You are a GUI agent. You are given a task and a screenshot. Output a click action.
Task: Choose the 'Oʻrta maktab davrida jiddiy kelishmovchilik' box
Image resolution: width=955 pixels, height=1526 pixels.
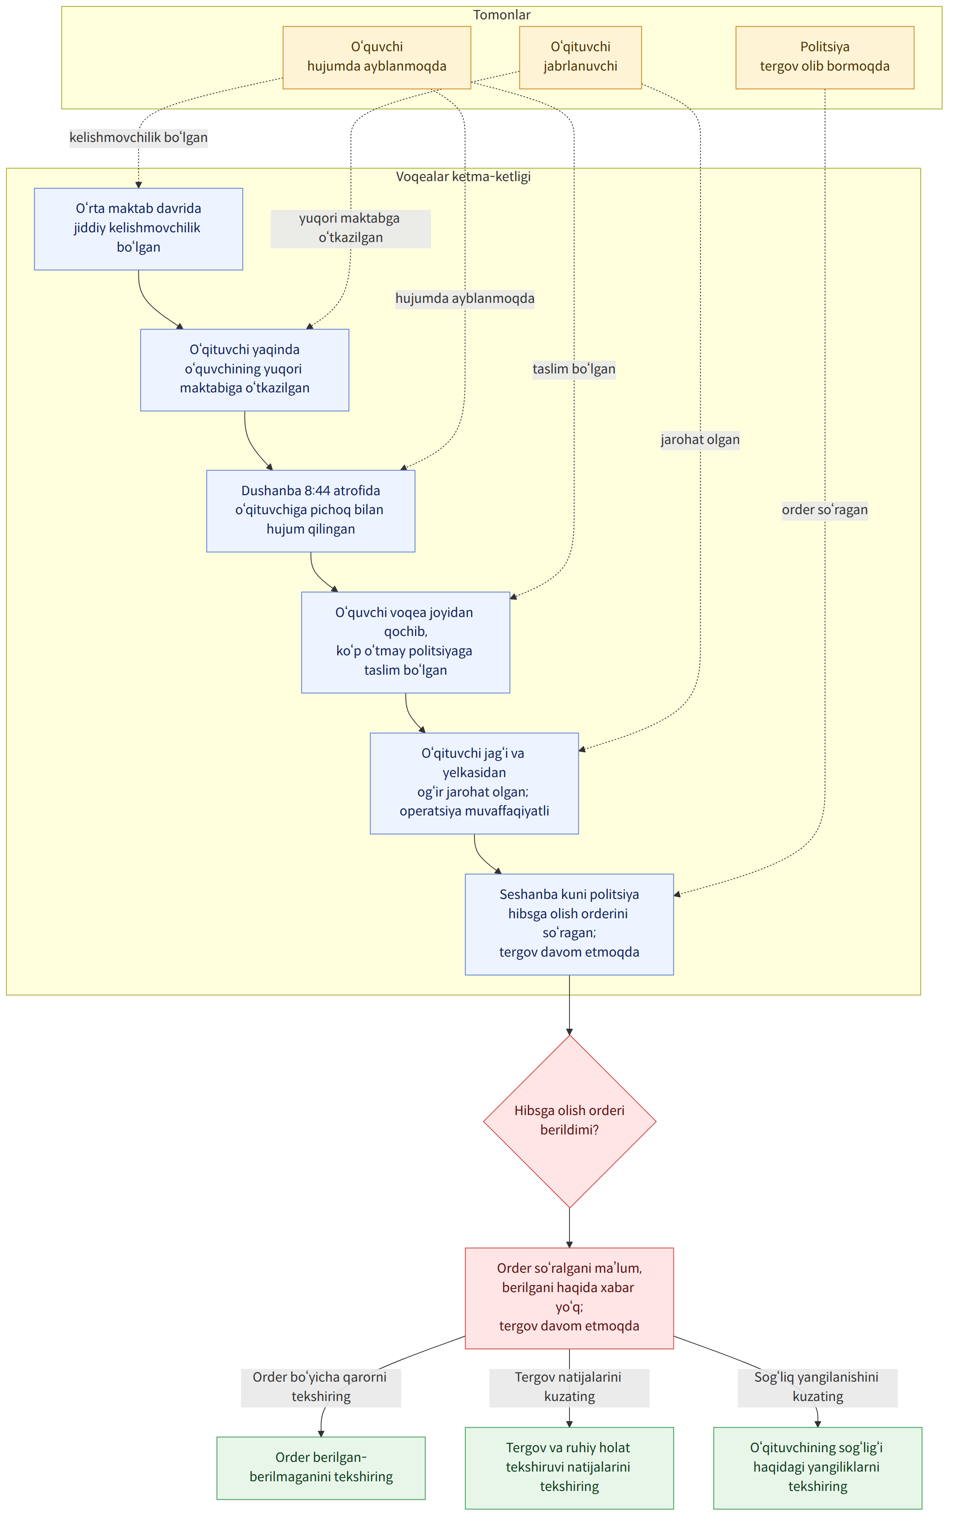click(138, 229)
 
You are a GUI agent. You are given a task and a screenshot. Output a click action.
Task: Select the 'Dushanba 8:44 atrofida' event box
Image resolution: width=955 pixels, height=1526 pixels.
click(311, 511)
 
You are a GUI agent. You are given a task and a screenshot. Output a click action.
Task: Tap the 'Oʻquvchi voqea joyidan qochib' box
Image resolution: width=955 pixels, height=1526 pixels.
click(405, 642)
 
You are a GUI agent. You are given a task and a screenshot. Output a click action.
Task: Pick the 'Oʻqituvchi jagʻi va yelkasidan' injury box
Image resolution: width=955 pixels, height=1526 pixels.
click(474, 783)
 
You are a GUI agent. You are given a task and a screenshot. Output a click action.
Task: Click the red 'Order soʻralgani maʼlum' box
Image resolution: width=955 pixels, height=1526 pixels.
click(569, 1298)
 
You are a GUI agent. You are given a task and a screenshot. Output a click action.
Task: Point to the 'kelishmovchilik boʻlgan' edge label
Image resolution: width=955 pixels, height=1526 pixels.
click(138, 138)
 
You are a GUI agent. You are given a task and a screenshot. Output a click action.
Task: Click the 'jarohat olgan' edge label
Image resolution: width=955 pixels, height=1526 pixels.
click(700, 440)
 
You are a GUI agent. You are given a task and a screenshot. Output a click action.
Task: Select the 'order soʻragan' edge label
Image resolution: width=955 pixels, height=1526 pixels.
click(825, 510)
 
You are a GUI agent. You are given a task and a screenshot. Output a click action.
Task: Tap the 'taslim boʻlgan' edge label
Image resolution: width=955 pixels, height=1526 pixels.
click(573, 369)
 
